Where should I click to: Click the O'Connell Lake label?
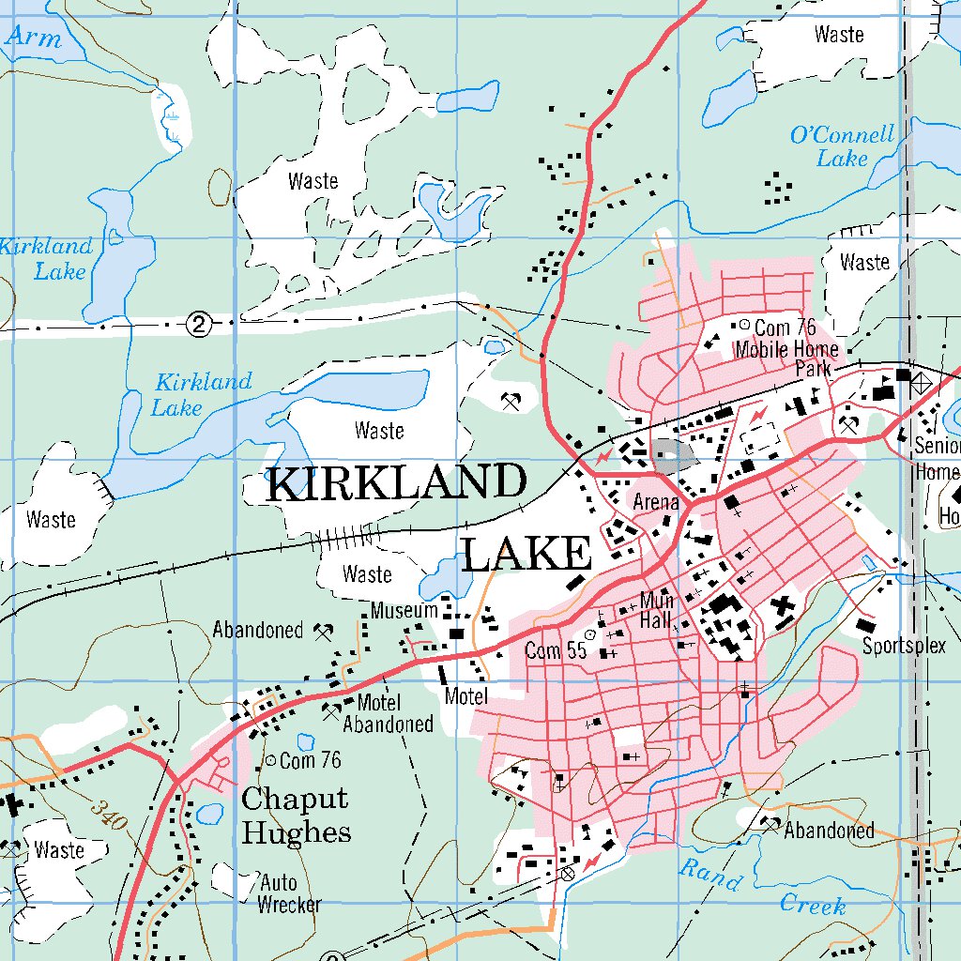point(842,146)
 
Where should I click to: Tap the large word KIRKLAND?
point(395,484)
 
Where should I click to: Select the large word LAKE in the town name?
point(526,554)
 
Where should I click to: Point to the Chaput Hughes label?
point(296,816)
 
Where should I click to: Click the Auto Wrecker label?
point(289,893)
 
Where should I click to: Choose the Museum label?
point(404,611)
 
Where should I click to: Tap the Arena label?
point(655,502)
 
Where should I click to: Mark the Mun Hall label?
point(656,610)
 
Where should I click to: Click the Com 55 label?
point(556,650)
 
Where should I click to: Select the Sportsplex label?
point(905,647)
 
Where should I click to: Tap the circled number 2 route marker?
point(198,324)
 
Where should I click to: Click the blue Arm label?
point(34,39)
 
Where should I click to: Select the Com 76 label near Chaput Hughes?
point(310,760)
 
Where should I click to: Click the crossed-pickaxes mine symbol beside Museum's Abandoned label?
point(325,632)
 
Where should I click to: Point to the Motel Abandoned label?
point(387,713)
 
